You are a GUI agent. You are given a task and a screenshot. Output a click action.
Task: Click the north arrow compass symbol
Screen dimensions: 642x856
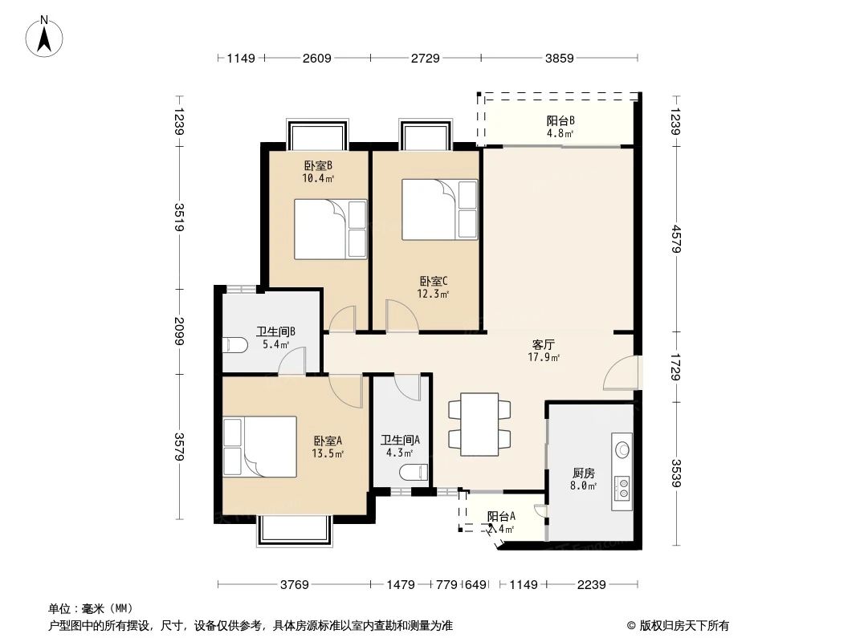(x=46, y=36)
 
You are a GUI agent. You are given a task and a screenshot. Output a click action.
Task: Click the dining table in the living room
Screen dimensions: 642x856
(x=479, y=424)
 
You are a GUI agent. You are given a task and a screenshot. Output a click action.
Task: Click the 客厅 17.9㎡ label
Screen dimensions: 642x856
(x=544, y=351)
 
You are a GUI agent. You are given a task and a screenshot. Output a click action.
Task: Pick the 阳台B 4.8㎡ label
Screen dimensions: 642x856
(x=560, y=127)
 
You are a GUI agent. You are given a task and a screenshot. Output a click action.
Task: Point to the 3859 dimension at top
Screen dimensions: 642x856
(x=560, y=58)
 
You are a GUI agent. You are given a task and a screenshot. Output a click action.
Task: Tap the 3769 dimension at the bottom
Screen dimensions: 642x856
(x=295, y=585)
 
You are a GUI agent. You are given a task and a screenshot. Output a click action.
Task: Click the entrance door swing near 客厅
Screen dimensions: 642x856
(x=622, y=375)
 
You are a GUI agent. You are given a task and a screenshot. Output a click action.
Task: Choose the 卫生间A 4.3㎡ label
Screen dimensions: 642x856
(x=400, y=446)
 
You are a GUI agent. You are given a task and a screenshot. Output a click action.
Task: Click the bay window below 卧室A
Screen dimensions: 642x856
(x=294, y=530)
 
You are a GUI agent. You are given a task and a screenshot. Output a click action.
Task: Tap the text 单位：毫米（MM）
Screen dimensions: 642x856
(x=91, y=608)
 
